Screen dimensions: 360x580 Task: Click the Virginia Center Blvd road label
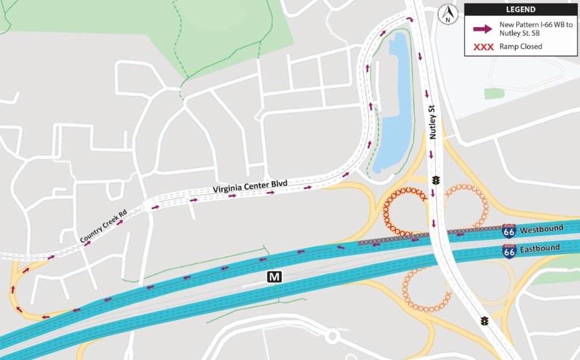pyautogui.click(x=250, y=185)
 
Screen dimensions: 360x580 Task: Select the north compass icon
pyautogui.click(x=448, y=14)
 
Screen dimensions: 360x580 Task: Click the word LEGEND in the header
pyautogui.click(x=521, y=10)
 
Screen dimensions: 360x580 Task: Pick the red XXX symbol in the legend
pyautogui.click(x=483, y=46)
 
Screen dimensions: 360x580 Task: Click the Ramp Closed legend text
pyautogui.click(x=521, y=46)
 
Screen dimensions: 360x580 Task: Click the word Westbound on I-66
pyautogui.click(x=541, y=229)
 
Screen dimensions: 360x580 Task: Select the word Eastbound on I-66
pyautogui.click(x=540, y=248)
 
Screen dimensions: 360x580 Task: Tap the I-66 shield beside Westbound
pyautogui.click(x=509, y=231)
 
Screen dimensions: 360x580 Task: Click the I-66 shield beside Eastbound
pyautogui.click(x=509, y=251)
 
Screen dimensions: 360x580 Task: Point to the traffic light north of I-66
pyautogui.click(x=436, y=181)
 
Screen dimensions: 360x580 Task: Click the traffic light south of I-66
pyautogui.click(x=484, y=321)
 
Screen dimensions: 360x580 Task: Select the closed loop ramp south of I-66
pyautogui.click(x=426, y=289)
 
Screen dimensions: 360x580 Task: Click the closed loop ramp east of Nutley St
pyautogui.click(x=467, y=205)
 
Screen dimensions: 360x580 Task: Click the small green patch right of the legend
pyautogui.click(x=494, y=93)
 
